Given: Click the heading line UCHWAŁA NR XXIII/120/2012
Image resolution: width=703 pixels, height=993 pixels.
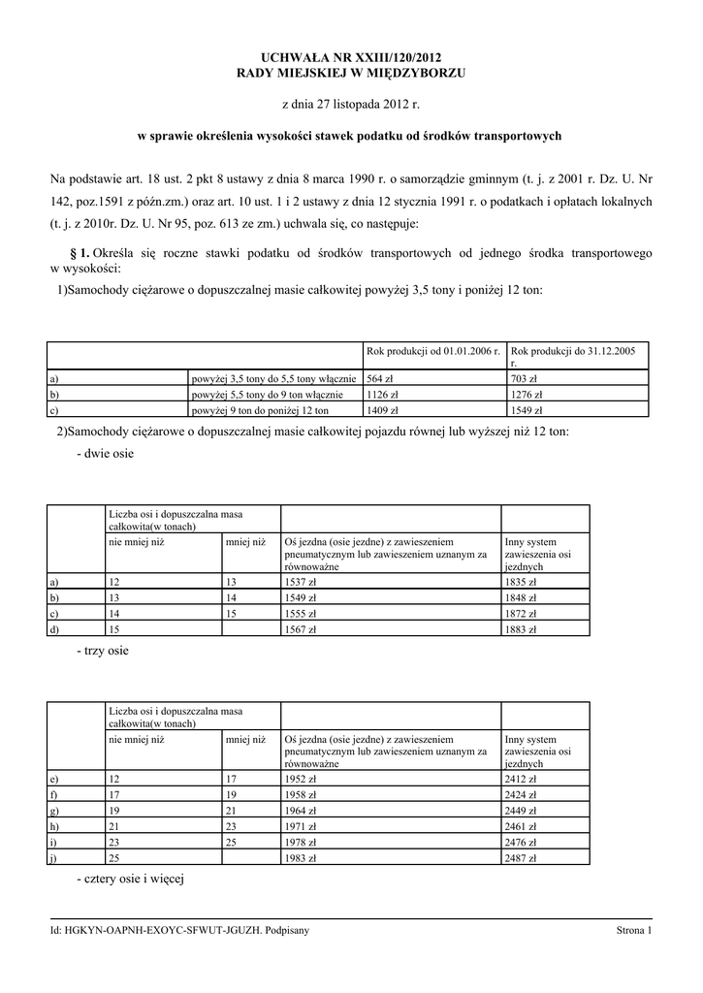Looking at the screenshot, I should tap(351, 59).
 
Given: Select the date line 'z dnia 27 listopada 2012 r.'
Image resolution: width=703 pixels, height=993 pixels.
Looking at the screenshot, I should tap(351, 104).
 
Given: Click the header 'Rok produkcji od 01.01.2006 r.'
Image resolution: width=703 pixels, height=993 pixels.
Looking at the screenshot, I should tap(432, 350).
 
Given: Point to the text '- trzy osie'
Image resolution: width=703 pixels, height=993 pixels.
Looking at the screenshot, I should tap(102, 651).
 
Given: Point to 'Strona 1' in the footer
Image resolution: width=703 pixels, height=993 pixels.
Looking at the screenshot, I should tap(634, 931).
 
